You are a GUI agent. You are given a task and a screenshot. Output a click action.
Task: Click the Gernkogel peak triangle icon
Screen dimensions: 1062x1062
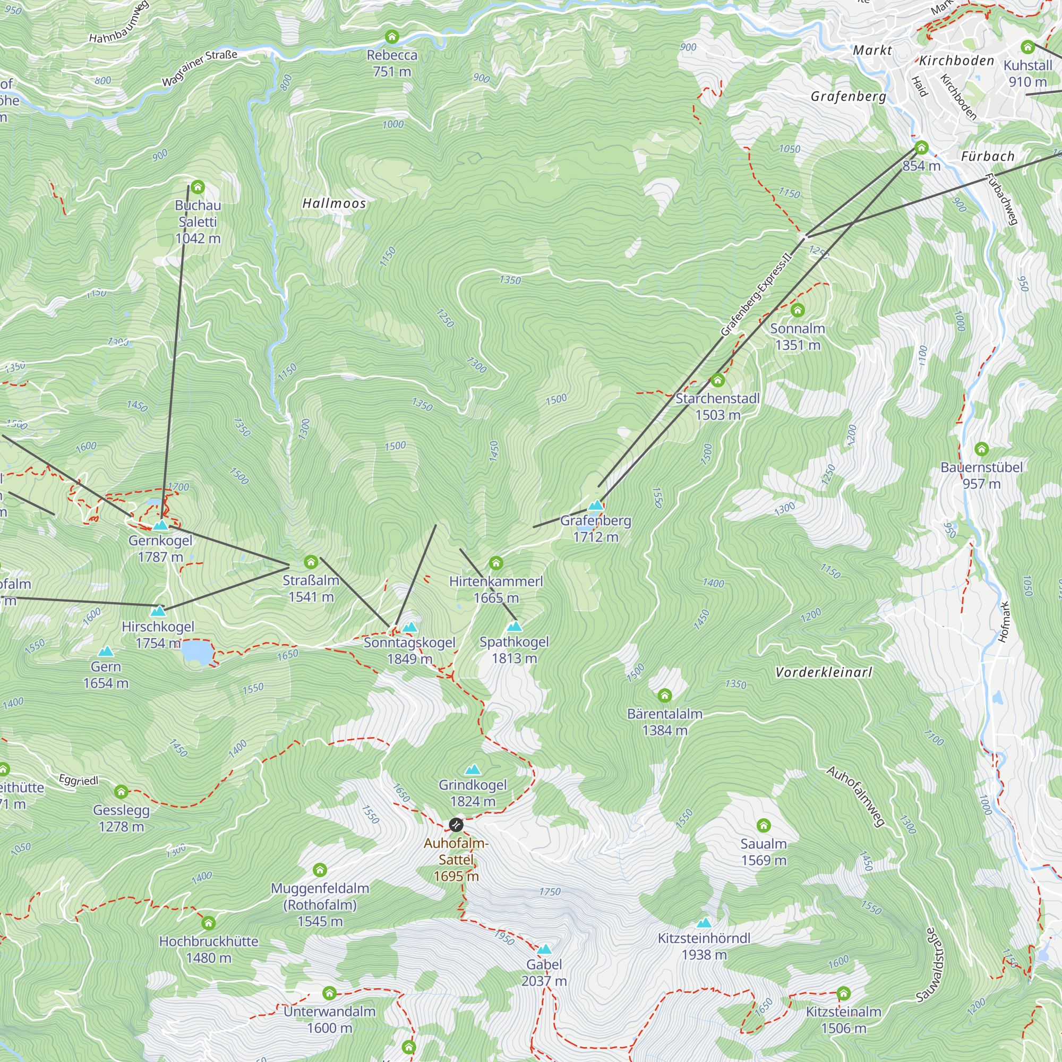point(160,526)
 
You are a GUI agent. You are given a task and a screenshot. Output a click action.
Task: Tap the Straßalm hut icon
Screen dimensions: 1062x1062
point(311,562)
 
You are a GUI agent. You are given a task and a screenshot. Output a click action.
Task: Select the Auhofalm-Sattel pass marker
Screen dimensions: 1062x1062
point(456,825)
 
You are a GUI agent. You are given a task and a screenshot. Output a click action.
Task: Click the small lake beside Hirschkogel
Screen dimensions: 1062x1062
point(198,653)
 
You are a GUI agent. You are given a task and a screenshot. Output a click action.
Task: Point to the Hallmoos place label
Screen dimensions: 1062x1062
point(334,203)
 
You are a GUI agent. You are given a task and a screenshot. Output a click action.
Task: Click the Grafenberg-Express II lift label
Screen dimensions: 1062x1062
point(756,294)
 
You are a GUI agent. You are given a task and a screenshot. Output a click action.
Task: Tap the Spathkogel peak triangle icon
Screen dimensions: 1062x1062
point(514,626)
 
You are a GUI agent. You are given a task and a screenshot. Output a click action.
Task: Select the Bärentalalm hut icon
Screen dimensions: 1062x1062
point(665,696)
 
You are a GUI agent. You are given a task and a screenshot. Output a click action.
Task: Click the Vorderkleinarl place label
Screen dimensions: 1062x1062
point(824,672)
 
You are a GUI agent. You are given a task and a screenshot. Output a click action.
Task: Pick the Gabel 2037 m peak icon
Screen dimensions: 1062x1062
point(544,949)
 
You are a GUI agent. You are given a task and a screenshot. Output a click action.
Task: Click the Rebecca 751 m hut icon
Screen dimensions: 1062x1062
point(392,37)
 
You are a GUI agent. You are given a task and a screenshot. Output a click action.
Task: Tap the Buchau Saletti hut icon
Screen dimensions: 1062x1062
point(198,187)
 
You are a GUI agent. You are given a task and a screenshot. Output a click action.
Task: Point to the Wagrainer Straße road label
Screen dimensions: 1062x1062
point(200,68)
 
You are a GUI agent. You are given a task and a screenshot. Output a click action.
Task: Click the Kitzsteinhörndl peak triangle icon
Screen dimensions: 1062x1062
point(704,923)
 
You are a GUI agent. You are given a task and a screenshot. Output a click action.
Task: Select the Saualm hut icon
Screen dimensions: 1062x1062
point(764,825)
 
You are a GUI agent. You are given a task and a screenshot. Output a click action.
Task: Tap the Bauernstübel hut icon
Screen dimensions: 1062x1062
point(982,449)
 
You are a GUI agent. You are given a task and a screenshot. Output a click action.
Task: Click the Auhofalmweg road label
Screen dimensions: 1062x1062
point(856,796)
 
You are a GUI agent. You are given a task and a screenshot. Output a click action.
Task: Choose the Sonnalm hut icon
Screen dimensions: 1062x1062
point(798,311)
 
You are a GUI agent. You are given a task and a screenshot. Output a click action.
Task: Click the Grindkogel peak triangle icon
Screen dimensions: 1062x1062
point(473,769)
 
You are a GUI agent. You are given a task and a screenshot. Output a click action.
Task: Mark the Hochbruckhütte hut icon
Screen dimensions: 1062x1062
point(208,923)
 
